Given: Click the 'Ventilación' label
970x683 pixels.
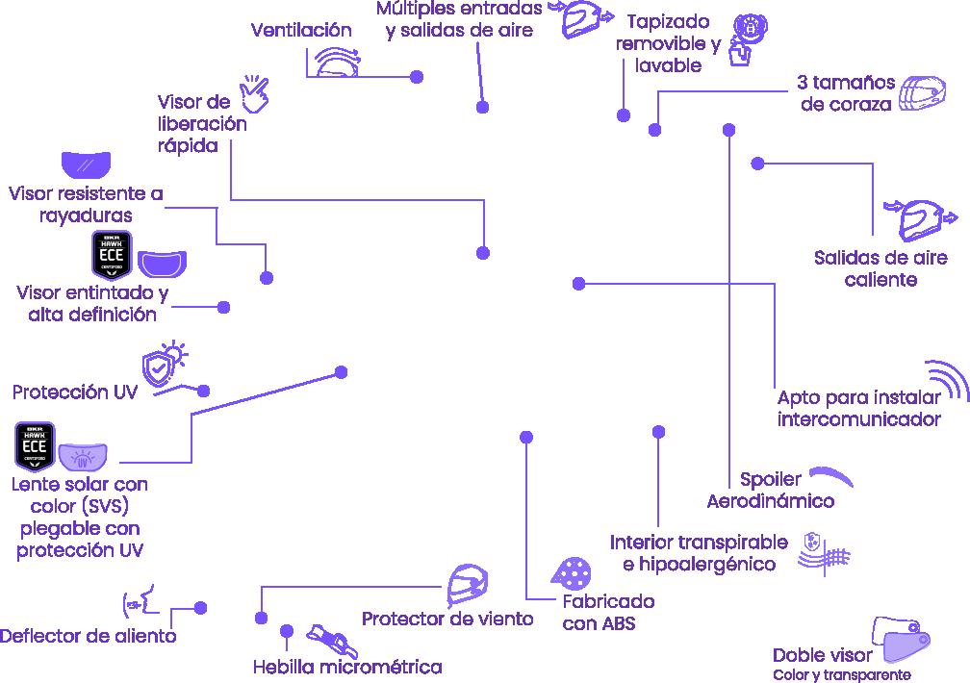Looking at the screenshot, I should (301, 30).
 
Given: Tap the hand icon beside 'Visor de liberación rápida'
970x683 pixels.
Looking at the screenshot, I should (254, 91).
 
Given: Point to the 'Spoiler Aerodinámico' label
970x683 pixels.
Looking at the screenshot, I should (771, 490).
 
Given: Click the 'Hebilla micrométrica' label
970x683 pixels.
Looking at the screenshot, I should (347, 667).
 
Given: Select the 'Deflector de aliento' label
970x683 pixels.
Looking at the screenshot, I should (89, 636).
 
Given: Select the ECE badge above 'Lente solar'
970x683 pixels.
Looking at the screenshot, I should (34, 445).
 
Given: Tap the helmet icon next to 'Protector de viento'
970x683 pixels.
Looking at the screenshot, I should (471, 585).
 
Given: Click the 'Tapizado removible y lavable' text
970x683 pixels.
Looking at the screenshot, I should (668, 44).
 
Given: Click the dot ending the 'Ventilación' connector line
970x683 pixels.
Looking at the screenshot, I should (417, 77).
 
